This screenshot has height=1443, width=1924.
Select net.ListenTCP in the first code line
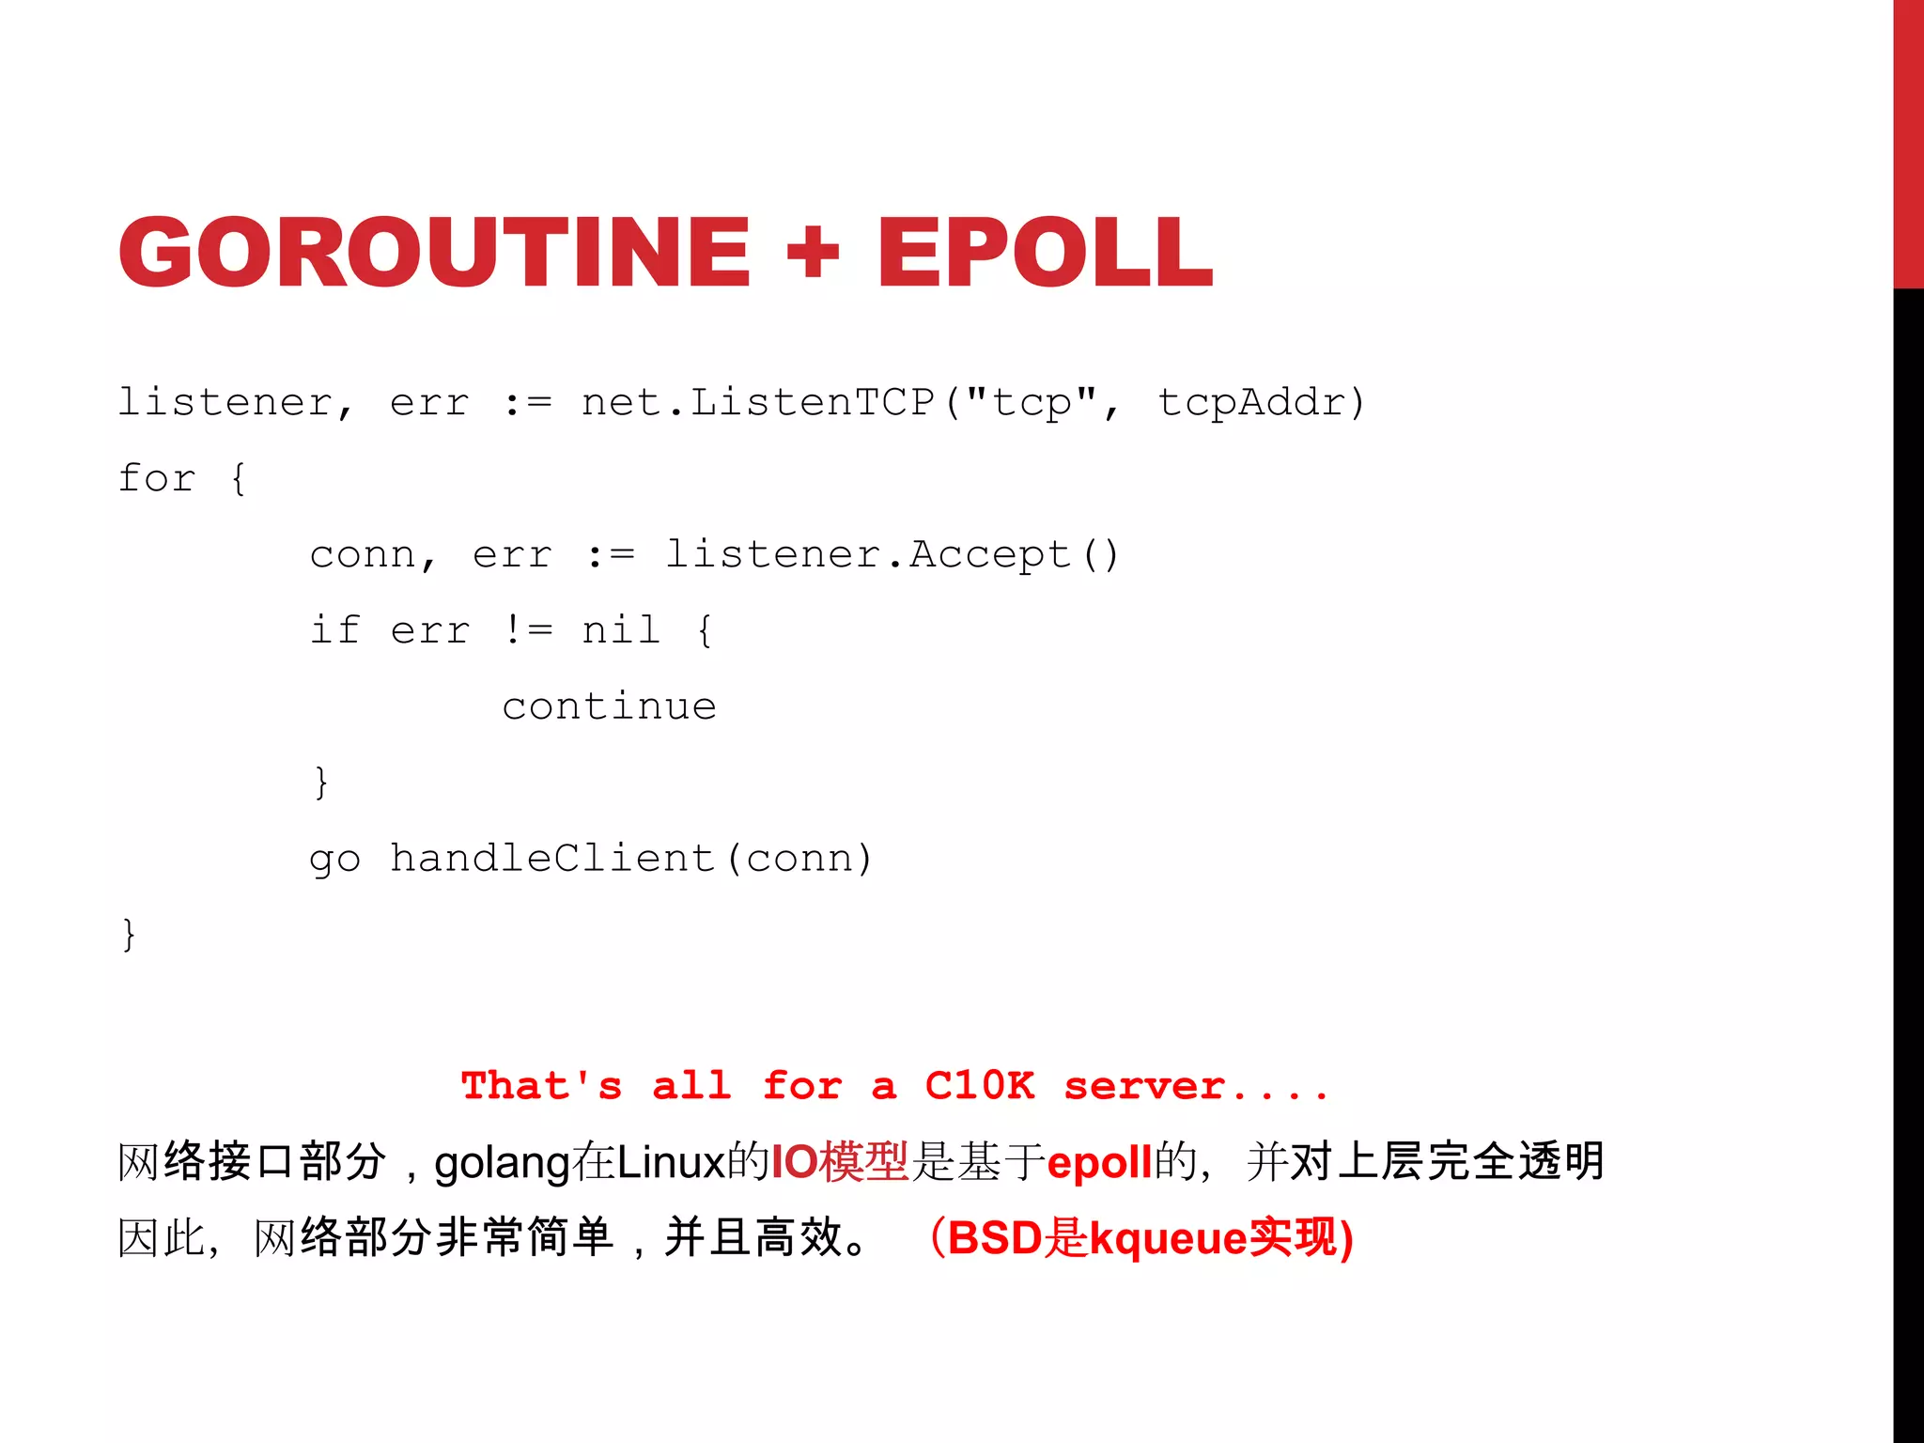757,403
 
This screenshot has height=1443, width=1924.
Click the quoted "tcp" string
1032,403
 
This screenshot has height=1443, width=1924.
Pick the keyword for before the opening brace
157,479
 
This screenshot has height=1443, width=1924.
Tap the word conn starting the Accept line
363,555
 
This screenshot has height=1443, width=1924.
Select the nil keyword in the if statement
620,630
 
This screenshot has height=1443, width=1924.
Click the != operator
528,630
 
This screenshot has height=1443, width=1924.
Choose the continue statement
609,706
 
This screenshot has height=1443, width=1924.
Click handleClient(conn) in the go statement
631,859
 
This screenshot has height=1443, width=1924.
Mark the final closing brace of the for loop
129,935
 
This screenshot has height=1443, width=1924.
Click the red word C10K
979,1086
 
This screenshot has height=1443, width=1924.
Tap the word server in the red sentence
1144,1086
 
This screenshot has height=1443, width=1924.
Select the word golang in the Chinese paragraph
502,1163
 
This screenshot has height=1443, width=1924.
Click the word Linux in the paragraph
671,1163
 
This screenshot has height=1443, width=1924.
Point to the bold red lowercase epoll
1099,1163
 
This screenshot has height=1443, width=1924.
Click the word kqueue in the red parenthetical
1168,1238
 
